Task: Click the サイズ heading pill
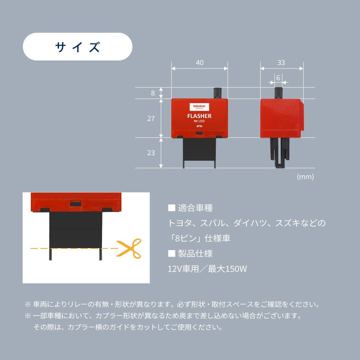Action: (x=78, y=47)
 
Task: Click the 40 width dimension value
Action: (x=199, y=63)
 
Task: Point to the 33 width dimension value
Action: (x=281, y=63)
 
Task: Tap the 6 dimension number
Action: (x=278, y=78)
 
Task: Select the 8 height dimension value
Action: (x=153, y=93)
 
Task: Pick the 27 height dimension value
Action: (x=151, y=118)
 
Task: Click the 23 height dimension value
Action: (x=151, y=153)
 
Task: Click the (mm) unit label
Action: (x=305, y=177)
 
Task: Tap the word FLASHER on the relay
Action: (x=199, y=116)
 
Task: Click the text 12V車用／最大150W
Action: (x=207, y=269)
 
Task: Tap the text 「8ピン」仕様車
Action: (x=199, y=238)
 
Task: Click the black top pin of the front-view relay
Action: (x=218, y=93)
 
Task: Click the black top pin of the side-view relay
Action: (x=279, y=92)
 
